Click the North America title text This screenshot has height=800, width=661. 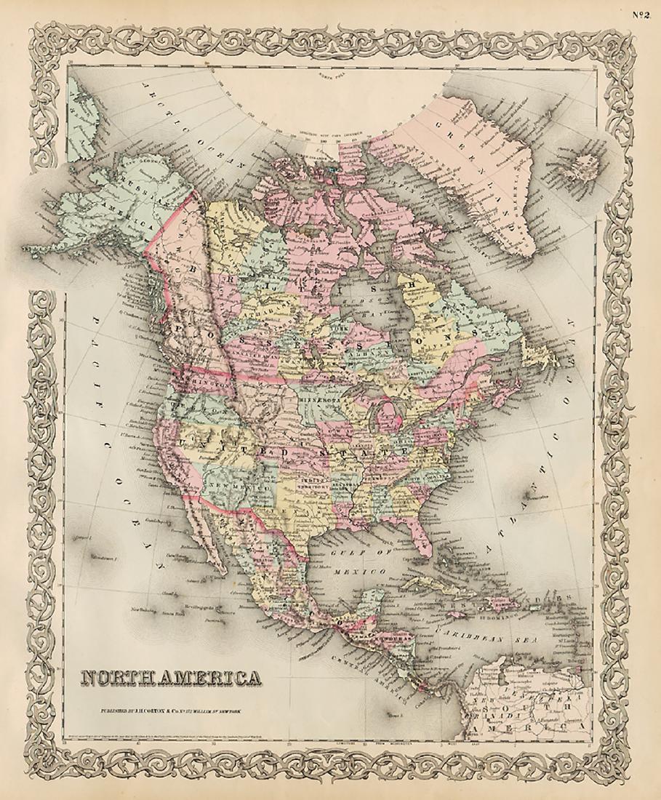click(x=172, y=679)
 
